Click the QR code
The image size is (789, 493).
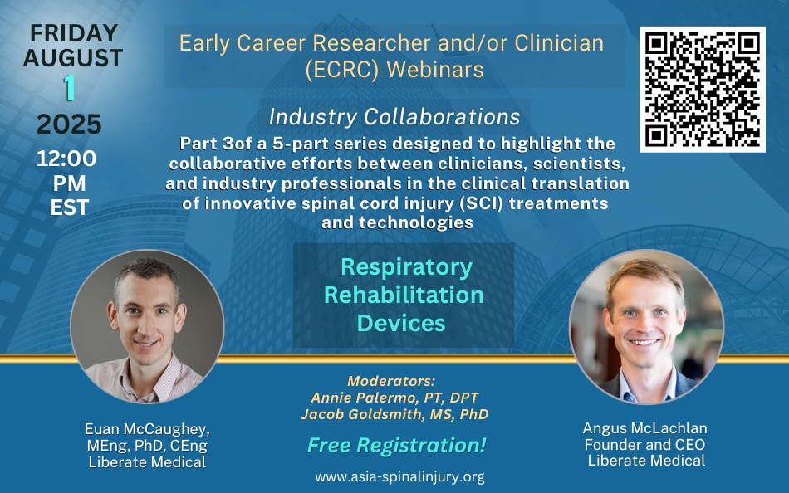coord(702,89)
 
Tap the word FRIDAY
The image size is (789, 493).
coord(74,33)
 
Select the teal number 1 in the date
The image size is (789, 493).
coord(70,87)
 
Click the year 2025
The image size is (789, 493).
coord(70,124)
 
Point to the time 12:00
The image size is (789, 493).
coord(66,159)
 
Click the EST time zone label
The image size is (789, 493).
coord(70,207)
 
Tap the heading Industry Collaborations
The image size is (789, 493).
coord(394,117)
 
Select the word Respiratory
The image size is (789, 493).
coord(407,267)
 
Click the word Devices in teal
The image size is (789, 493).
coord(401,323)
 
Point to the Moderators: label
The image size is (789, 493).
coord(391,381)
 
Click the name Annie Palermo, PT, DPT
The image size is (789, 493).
coord(394,398)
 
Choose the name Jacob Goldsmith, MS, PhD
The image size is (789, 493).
coord(394,414)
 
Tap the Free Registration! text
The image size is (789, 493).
coord(396,445)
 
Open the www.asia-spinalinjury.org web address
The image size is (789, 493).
coord(400,476)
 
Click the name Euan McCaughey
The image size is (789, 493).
coord(146,429)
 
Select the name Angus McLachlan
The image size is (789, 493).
coord(645,428)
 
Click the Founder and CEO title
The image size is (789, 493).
coord(645,445)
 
